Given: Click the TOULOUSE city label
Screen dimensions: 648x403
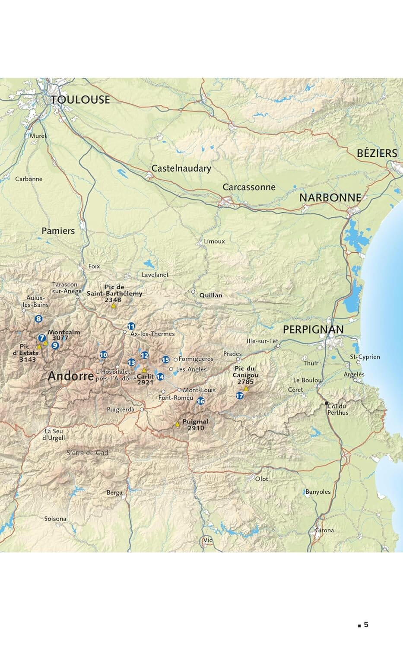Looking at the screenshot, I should [x=80, y=100].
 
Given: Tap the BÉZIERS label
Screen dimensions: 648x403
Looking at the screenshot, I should [x=377, y=153].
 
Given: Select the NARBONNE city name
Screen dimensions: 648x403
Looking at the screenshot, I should [x=330, y=198].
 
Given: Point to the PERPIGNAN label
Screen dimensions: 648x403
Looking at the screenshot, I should [x=313, y=330].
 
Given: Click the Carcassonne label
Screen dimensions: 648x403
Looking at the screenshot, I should [x=249, y=187].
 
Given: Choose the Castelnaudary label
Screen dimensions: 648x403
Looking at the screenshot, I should [x=181, y=168].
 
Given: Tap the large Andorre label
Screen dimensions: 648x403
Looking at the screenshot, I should [x=71, y=376].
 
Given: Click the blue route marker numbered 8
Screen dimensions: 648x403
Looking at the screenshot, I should [x=39, y=319].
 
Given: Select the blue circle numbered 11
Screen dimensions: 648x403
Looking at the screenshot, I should [x=131, y=326].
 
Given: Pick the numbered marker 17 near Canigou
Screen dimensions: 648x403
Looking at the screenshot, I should [x=240, y=396].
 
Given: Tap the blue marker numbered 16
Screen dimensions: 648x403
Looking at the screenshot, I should [x=200, y=401].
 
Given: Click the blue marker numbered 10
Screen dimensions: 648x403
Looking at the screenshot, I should [x=103, y=355].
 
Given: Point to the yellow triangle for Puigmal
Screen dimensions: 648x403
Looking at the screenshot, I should [x=177, y=425].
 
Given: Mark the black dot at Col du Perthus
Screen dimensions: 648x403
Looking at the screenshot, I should [x=327, y=403].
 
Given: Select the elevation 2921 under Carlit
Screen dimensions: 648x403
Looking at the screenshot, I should [x=145, y=382].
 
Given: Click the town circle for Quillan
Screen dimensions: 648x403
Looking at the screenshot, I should [x=193, y=292].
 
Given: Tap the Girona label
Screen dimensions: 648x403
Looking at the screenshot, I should [x=324, y=530].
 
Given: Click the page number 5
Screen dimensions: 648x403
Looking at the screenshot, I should [x=366, y=625].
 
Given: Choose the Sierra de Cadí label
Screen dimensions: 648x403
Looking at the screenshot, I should [x=88, y=453].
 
